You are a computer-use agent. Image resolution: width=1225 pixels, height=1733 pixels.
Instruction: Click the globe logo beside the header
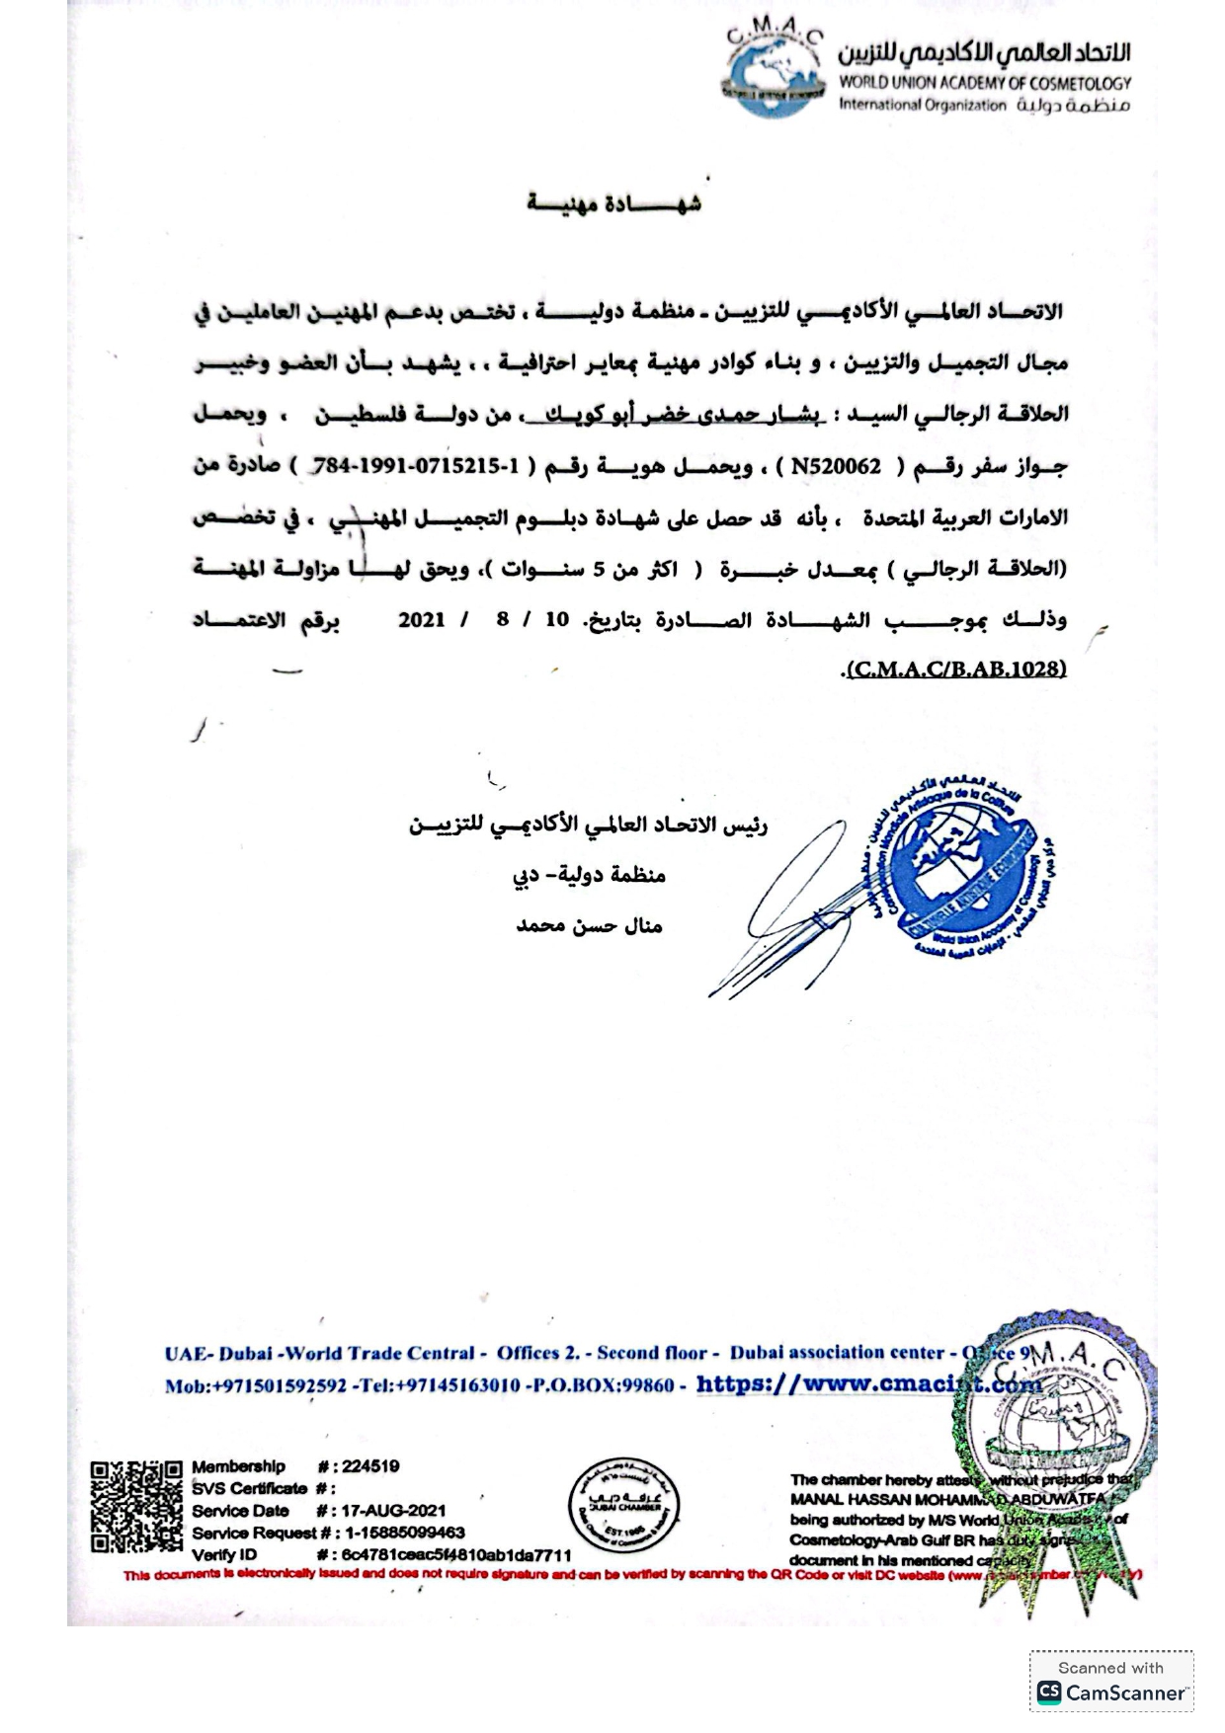coord(773,73)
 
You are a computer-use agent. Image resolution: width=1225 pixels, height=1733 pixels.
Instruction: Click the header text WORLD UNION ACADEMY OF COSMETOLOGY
coord(984,84)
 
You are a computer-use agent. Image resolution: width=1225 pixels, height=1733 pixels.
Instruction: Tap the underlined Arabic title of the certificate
coord(613,203)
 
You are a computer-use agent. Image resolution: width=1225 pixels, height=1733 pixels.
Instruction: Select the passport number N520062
coord(835,467)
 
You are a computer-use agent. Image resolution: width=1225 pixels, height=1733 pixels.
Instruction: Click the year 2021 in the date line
coord(422,620)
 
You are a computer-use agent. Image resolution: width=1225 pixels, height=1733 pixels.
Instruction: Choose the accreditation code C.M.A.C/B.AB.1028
coord(955,669)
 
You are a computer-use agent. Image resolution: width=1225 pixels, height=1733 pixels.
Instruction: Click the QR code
coord(136,1506)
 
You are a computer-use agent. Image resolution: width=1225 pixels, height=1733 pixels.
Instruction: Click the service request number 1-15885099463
coord(405,1533)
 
